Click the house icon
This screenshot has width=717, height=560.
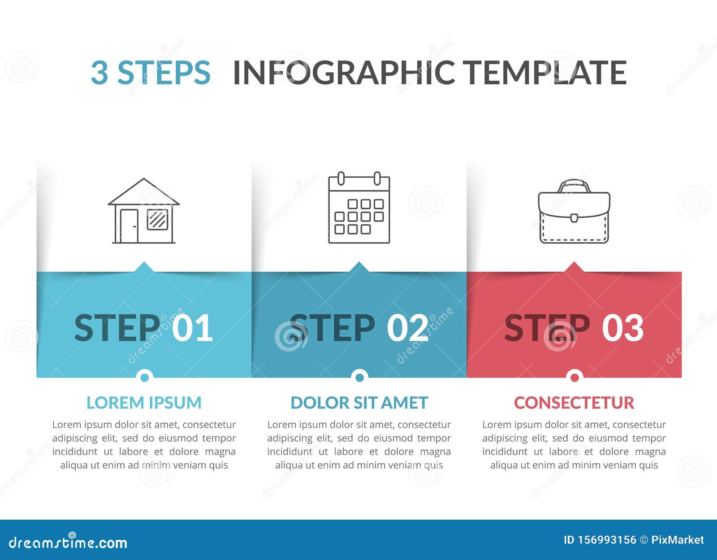pyautogui.click(x=143, y=211)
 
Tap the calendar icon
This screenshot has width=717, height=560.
pyautogui.click(x=359, y=208)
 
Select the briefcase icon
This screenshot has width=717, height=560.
pyautogui.click(x=574, y=212)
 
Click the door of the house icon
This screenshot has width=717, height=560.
pyautogui.click(x=129, y=226)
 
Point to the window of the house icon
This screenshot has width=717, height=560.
pyautogui.click(x=157, y=219)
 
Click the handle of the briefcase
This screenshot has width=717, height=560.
pyautogui.click(x=574, y=185)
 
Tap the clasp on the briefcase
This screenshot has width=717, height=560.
pyautogui.click(x=574, y=218)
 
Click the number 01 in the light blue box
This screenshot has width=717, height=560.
pyautogui.click(x=192, y=328)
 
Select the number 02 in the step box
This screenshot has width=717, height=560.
pyautogui.click(x=407, y=328)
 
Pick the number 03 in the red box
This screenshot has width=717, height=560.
pyautogui.click(x=622, y=328)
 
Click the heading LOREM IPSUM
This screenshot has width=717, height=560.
pyautogui.click(x=144, y=403)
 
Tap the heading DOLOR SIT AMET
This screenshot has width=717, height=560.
pyautogui.click(x=359, y=403)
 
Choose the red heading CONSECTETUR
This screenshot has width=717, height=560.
pyautogui.click(x=574, y=403)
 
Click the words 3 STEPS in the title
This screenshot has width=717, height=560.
pyautogui.click(x=151, y=72)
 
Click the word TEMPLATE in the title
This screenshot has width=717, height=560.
pyautogui.click(x=544, y=72)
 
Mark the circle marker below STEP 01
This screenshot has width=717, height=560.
pyautogui.click(x=144, y=377)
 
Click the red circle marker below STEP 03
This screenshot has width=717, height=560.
pyautogui.click(x=574, y=377)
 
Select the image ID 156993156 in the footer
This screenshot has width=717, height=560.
pyautogui.click(x=600, y=540)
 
